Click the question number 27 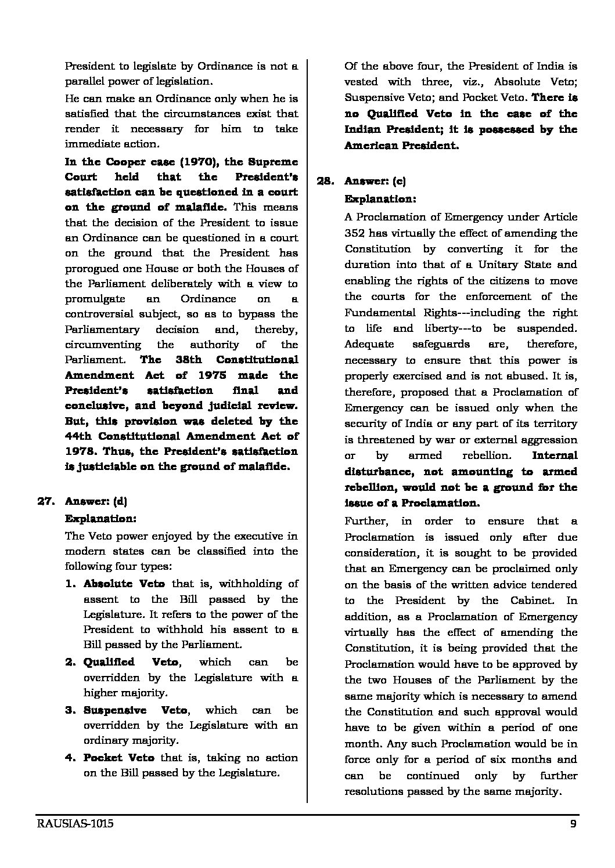pyautogui.click(x=46, y=501)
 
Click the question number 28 pyautogui.click(x=325, y=181)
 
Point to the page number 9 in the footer pyautogui.click(x=573, y=824)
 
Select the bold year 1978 pyautogui.click(x=78, y=451)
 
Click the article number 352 pyautogui.click(x=355, y=233)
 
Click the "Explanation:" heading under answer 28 pyautogui.click(x=380, y=198)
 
